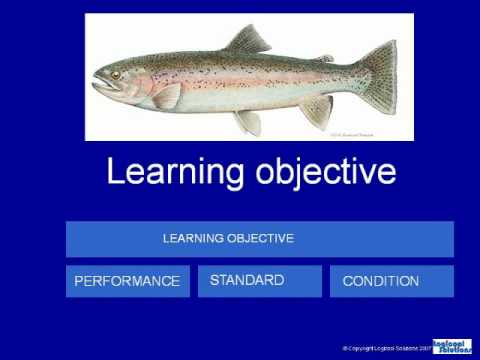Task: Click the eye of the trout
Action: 116,75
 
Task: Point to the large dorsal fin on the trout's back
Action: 247,42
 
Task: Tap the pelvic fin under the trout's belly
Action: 245,121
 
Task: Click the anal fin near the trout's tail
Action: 315,109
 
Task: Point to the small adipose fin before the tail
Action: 325,59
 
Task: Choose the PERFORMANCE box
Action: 127,281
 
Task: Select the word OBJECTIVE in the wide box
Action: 261,239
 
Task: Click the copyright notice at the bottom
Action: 385,348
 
